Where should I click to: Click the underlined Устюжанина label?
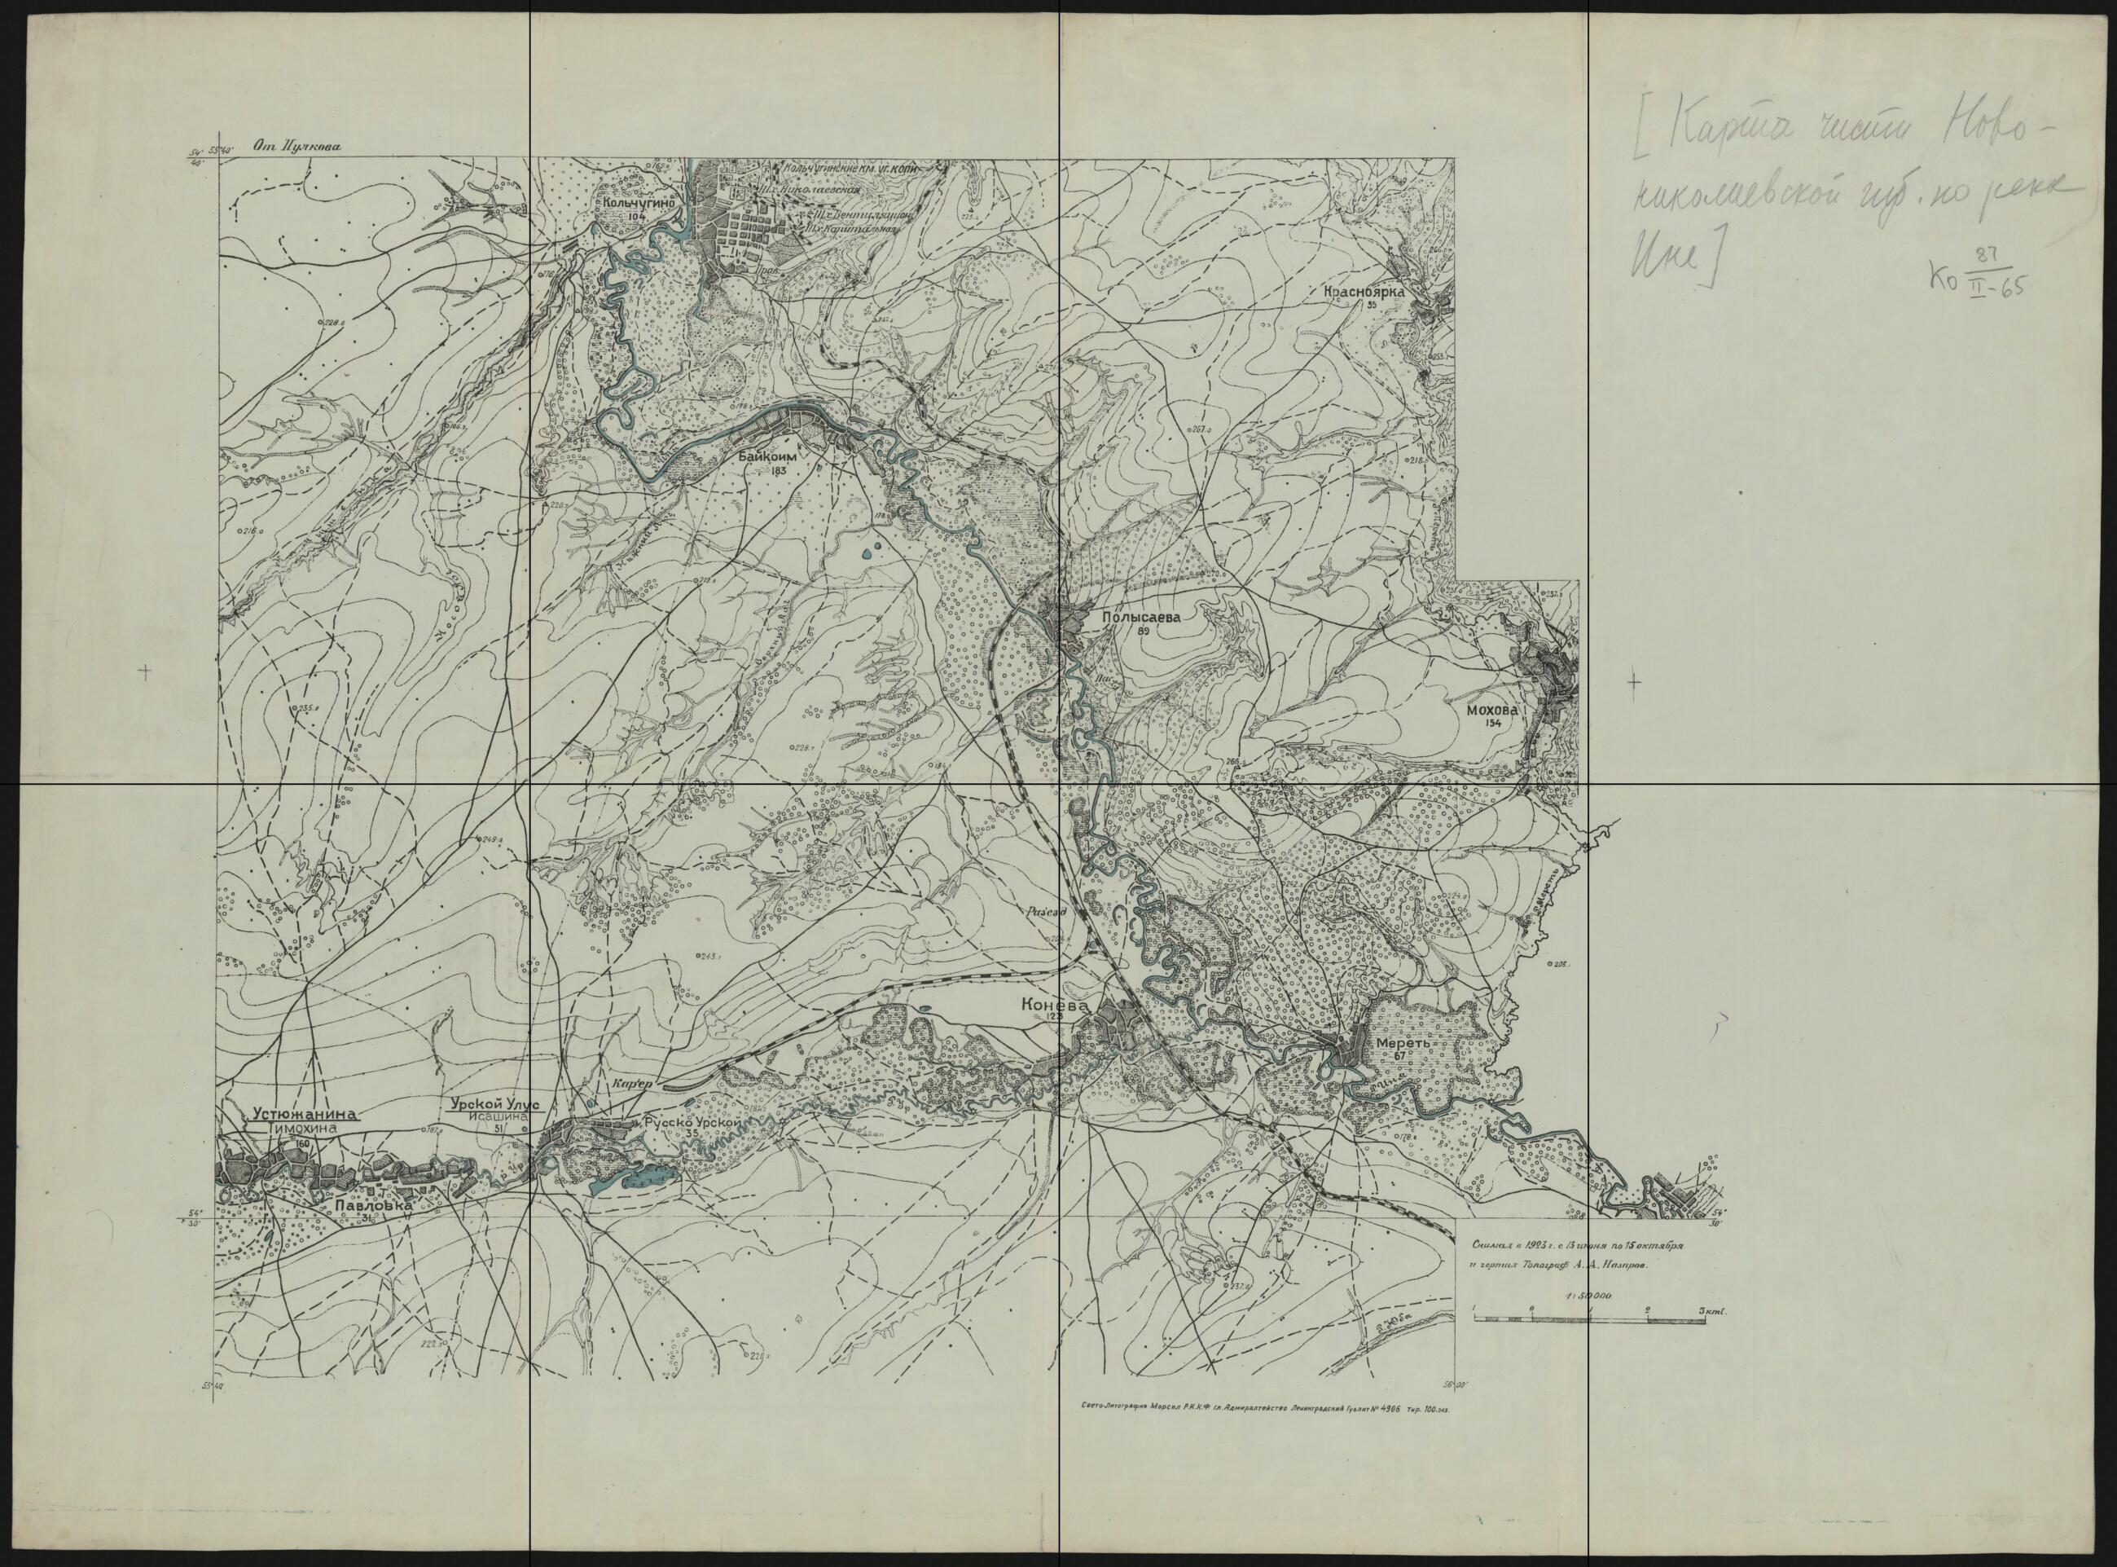302,1115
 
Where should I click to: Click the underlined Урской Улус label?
493,1104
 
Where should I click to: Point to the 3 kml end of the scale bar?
1711,1312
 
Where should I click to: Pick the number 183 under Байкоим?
780,470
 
